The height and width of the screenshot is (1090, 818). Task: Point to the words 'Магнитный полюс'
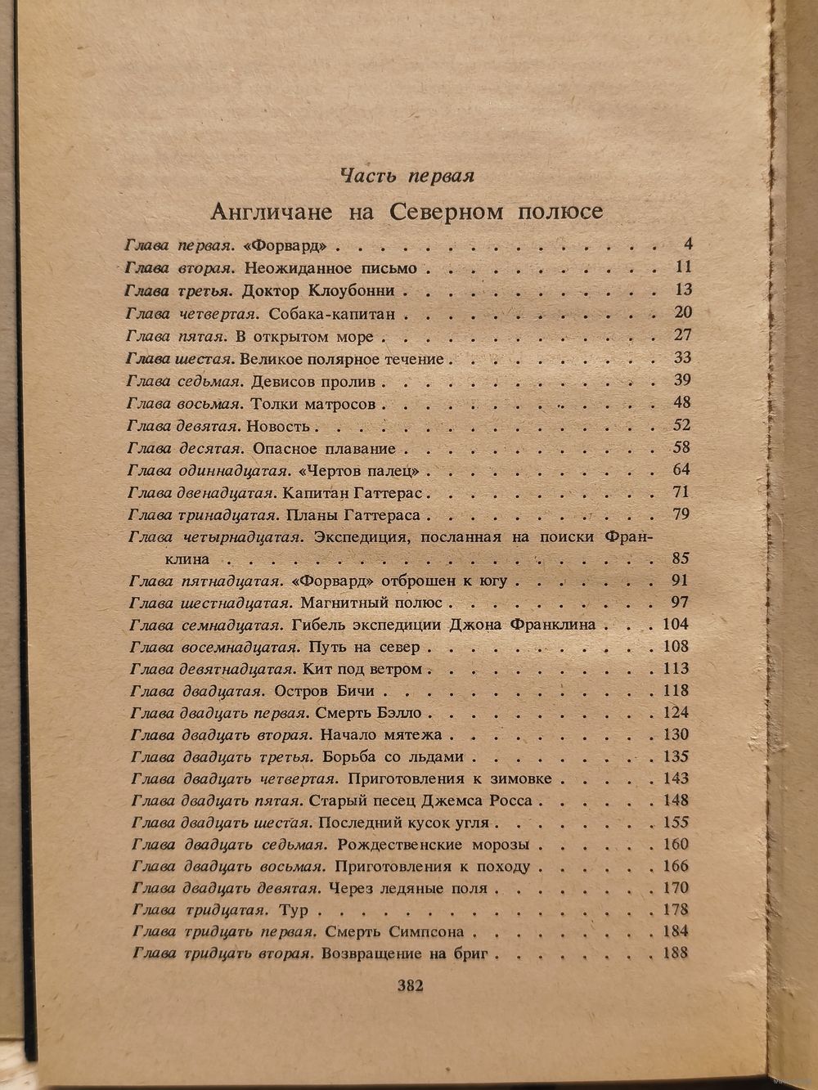371,603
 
